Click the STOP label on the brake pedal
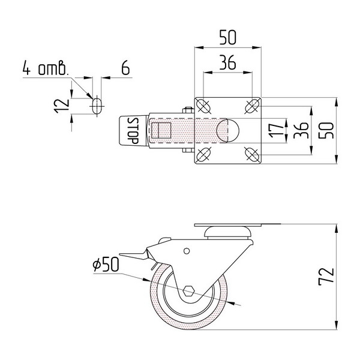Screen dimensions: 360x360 [x=133, y=131]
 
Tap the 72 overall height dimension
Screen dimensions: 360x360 [x=326, y=277]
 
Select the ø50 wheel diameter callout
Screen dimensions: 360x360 [x=106, y=264]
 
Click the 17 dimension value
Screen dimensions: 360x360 [x=276, y=130]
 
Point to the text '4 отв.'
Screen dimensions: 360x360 [x=46, y=68]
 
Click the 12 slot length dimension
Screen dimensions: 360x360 [x=62, y=106]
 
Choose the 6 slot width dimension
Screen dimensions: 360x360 [x=125, y=68]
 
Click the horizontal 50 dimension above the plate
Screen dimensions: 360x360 [x=227, y=37]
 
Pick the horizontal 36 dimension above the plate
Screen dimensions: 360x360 [x=227, y=62]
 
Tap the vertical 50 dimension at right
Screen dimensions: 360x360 [x=326, y=130]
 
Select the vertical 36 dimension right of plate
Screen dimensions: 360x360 [x=301, y=130]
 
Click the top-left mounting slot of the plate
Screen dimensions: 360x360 [x=203, y=106]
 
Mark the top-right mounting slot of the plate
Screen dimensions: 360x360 [x=252, y=106]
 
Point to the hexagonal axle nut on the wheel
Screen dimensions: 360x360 [x=189, y=291]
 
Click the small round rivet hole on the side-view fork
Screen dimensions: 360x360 [x=187, y=251]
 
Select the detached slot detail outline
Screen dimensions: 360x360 [x=97, y=106]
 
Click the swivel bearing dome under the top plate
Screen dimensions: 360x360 [x=228, y=232]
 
